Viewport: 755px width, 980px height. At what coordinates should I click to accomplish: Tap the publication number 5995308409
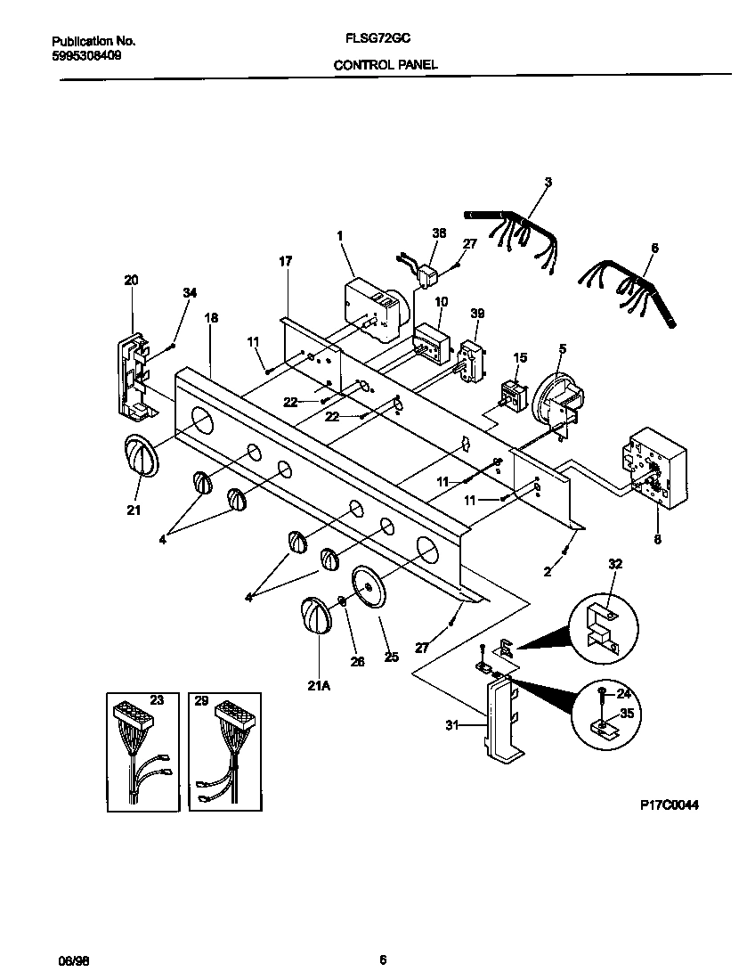87,54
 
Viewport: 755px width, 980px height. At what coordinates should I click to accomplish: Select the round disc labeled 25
371,588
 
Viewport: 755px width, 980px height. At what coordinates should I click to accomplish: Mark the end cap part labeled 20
134,374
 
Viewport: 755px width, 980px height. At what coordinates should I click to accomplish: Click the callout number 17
285,261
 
